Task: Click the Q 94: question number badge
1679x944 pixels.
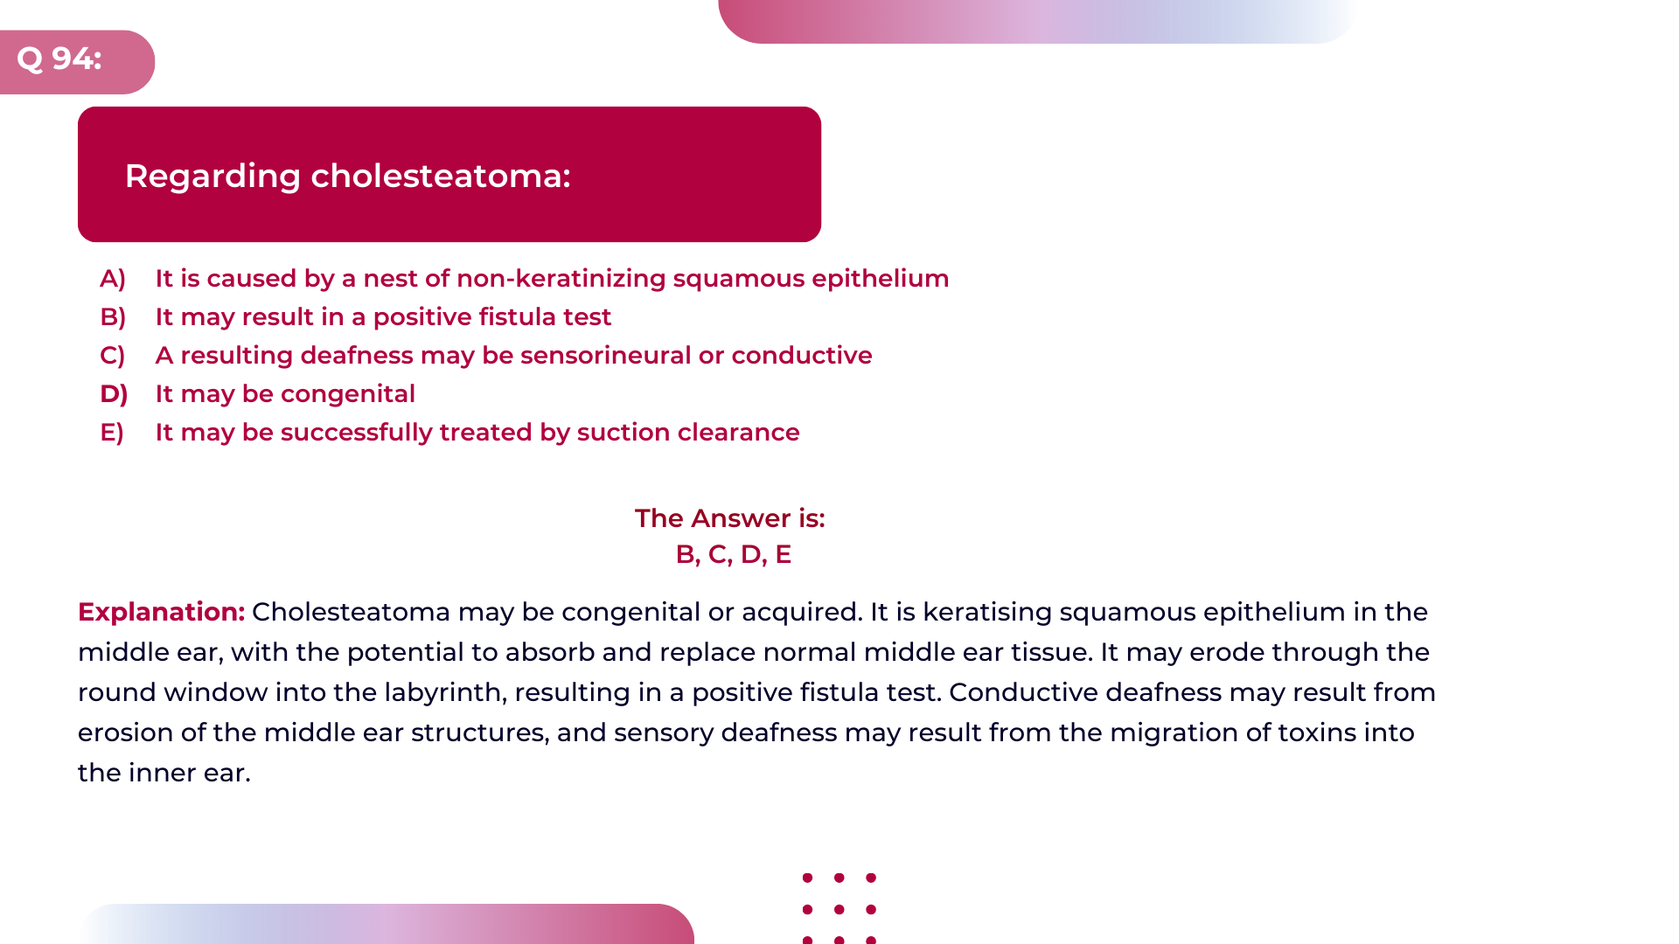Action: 59,59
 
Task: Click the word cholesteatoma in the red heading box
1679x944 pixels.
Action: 441,177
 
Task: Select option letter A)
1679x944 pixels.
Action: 113,279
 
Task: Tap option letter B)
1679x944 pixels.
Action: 113,317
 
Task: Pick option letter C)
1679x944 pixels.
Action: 113,356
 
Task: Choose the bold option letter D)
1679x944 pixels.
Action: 114,394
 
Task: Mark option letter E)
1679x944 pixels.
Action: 112,433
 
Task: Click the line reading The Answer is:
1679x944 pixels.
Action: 730,518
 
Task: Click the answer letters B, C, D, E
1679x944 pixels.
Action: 733,554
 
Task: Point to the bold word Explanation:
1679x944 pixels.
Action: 161,612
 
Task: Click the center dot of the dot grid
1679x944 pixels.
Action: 839,910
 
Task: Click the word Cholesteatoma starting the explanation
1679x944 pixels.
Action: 351,612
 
